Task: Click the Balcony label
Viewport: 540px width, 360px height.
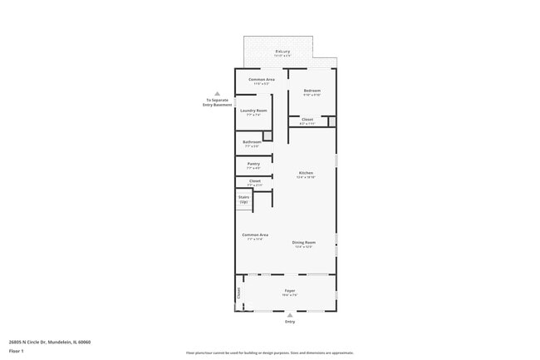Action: point(282,52)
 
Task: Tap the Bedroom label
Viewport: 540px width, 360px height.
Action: point(312,90)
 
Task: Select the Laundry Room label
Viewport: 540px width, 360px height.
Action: point(253,111)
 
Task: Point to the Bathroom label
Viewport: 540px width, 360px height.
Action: point(252,142)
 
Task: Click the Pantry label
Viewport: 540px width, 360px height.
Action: point(253,164)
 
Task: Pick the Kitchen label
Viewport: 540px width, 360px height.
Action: point(306,173)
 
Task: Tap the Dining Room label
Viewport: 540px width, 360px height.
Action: point(303,243)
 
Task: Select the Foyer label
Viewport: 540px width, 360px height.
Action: point(289,291)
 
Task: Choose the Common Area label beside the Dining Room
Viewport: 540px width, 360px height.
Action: point(255,235)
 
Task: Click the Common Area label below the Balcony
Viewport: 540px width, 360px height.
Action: point(262,79)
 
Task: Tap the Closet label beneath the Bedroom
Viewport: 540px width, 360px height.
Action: point(307,120)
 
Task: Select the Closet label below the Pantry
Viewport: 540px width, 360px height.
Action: point(254,180)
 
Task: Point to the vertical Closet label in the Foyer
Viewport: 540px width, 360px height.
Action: point(239,293)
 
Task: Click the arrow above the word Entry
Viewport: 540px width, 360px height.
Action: point(290,315)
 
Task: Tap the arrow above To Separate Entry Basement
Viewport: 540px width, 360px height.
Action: point(217,94)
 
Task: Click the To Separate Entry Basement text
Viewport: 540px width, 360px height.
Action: point(217,102)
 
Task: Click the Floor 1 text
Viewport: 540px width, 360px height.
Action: point(17,352)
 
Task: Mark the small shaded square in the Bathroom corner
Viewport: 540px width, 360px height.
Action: point(268,136)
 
